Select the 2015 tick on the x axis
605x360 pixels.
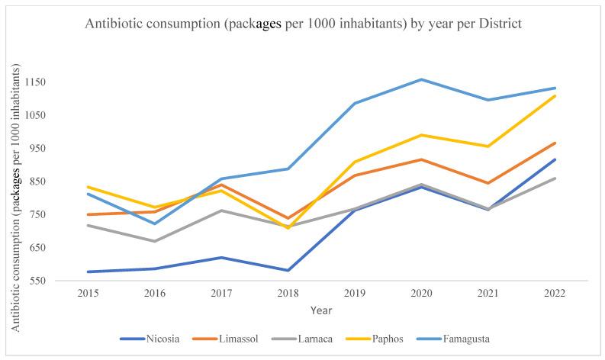87,293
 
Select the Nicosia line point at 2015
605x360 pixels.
87,272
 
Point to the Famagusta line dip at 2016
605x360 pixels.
154,223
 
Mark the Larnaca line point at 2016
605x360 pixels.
154,241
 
